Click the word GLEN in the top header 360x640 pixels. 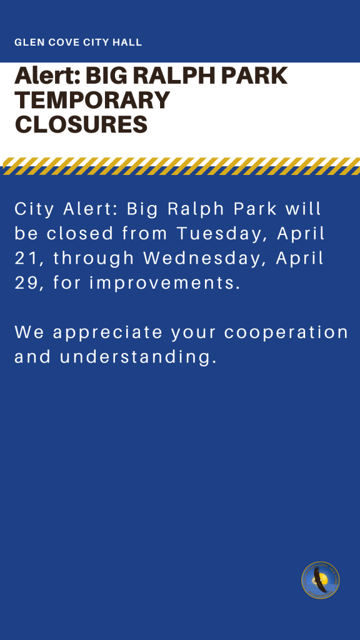pos(24,42)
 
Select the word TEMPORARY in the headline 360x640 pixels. pos(92,100)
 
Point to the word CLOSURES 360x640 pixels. pos(81,124)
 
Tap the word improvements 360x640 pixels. pos(164,283)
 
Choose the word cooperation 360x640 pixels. pos(286,332)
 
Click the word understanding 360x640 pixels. pos(137,357)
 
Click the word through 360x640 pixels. pos(94,259)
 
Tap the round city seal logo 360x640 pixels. pos(321,580)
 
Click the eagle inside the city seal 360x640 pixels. pos(319,580)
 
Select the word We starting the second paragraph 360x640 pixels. pos(29,332)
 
